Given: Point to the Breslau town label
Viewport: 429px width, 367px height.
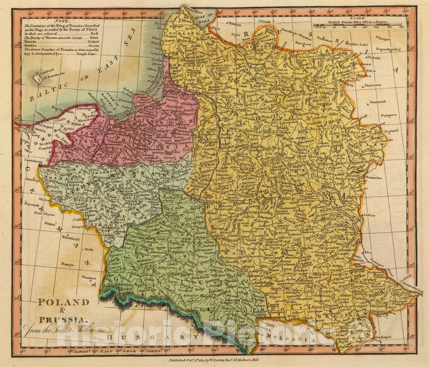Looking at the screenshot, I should tap(70, 237).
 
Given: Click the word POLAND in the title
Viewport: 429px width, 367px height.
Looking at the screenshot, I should tap(64, 302).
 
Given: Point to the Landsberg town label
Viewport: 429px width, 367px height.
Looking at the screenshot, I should tap(34, 162).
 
